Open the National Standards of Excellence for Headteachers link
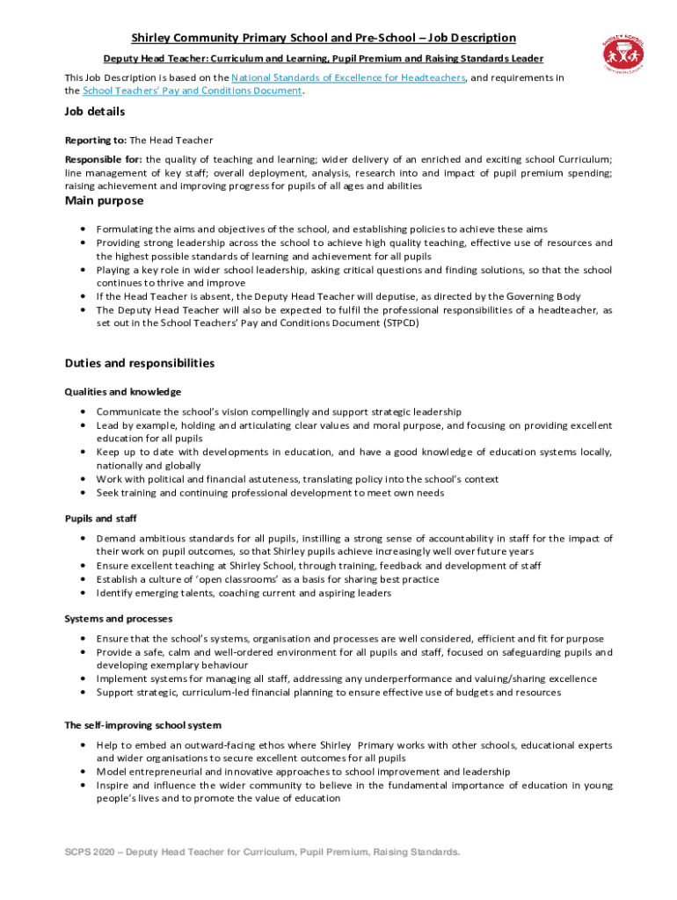pos(344,77)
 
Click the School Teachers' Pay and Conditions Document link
pos(193,91)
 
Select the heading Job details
pos(95,112)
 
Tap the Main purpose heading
pos(104,201)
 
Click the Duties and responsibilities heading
pos(140,363)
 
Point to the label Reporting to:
pos(96,140)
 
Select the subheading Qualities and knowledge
pos(123,391)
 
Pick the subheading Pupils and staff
pos(100,518)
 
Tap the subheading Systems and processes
pos(119,619)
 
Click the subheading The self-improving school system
pos(143,725)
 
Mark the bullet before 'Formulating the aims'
pos(82,229)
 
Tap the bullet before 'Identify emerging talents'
pos(82,593)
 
